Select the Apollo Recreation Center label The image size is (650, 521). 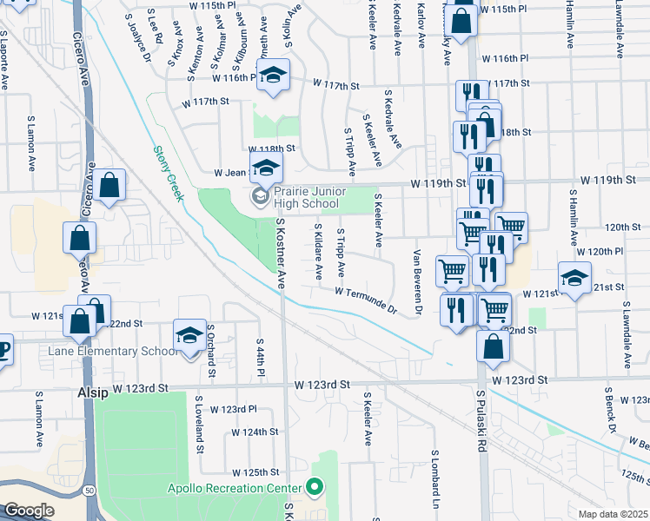point(234,488)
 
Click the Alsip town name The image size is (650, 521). point(93,392)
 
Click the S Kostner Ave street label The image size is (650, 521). point(281,253)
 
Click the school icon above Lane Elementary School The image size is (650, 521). point(189,334)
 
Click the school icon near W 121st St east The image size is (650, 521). point(574,278)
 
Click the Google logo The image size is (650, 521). point(29,511)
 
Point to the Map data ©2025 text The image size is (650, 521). point(613,514)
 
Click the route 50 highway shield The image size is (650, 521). point(90,491)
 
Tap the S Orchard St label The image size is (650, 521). point(211,351)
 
